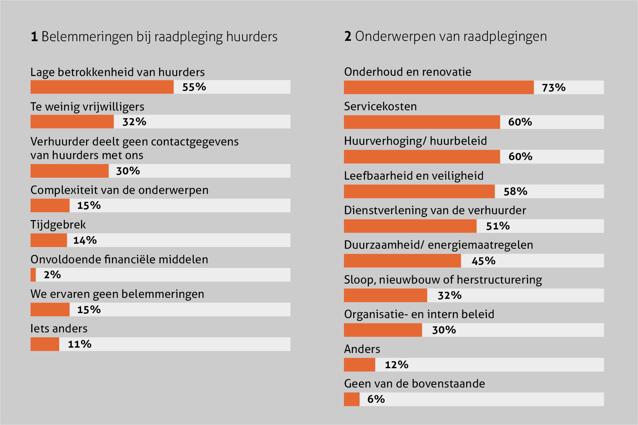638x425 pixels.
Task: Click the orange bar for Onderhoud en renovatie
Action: pyautogui.click(x=439, y=87)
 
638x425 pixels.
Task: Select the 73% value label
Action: pyautogui.click(x=554, y=88)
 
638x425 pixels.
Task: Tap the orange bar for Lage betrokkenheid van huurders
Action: pyautogui.click(x=102, y=87)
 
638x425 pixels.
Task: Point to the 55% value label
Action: pyautogui.click(x=194, y=87)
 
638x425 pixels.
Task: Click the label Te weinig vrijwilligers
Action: pyautogui.click(x=87, y=107)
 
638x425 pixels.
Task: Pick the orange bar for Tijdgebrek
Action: pyautogui.click(x=49, y=240)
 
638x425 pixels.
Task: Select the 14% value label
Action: pyautogui.click(x=85, y=240)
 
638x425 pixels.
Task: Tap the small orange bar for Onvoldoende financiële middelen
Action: pyautogui.click(x=33, y=275)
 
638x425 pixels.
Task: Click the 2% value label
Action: pyautogui.click(x=53, y=275)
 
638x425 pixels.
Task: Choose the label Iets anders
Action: pyautogui.click(x=59, y=328)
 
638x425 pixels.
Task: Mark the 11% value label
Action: pyautogui.click(x=80, y=344)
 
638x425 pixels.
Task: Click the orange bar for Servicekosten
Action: pyautogui.click(x=422, y=122)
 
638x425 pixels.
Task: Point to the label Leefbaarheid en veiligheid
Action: pyautogui.click(x=414, y=176)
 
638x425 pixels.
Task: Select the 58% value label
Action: pyautogui.click(x=515, y=191)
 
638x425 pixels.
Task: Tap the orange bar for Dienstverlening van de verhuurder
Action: pyautogui.click(x=410, y=226)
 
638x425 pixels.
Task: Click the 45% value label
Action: pyautogui.click(x=483, y=261)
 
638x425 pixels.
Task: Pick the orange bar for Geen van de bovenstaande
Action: pyautogui.click(x=352, y=399)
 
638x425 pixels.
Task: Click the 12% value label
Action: pyautogui.click(x=396, y=365)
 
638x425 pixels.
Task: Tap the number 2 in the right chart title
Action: pyautogui.click(x=348, y=36)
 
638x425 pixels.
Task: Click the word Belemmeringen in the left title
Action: pyautogui.click(x=87, y=37)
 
